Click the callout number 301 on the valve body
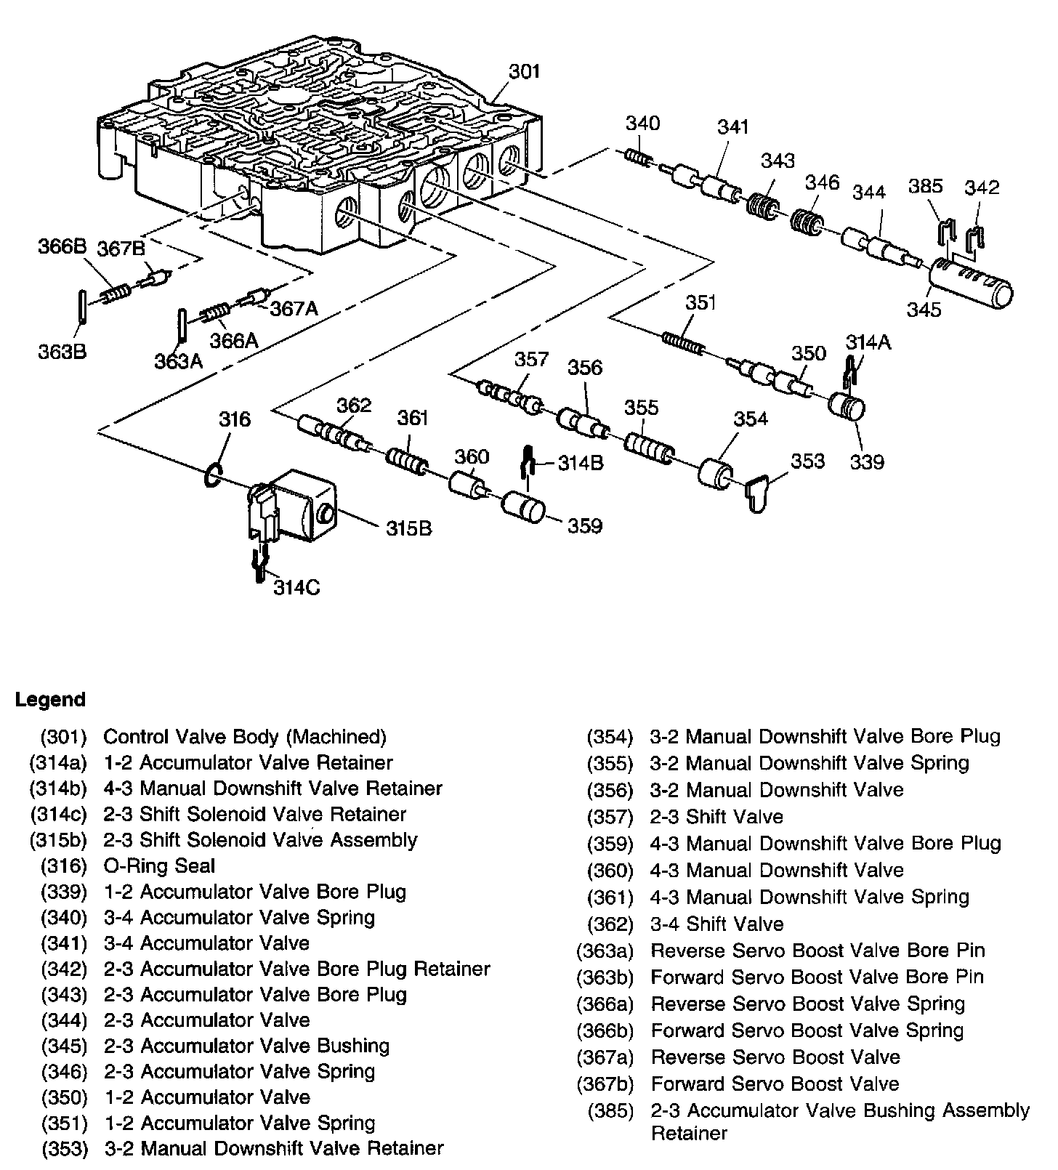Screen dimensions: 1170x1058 point(524,71)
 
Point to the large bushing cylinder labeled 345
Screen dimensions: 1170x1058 point(971,286)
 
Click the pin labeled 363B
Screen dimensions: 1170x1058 point(82,306)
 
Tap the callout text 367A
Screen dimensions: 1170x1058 point(294,309)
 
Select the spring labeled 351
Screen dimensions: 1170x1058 point(682,342)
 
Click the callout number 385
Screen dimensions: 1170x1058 point(925,187)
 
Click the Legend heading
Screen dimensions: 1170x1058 point(50,700)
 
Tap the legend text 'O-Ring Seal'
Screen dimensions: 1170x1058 point(159,866)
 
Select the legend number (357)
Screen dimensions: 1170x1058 point(610,817)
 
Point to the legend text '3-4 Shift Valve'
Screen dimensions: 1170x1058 point(716,924)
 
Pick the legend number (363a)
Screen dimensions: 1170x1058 point(605,951)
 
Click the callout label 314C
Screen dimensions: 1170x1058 point(296,586)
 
